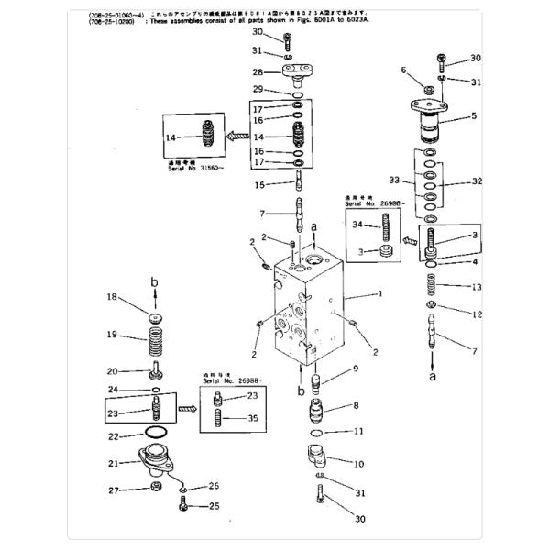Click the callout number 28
[x=259, y=71]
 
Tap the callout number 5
[x=474, y=116]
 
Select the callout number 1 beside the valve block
[x=377, y=295]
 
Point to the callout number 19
[x=113, y=335]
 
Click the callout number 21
[x=114, y=463]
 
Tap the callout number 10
[x=359, y=464]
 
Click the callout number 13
[x=476, y=287]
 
